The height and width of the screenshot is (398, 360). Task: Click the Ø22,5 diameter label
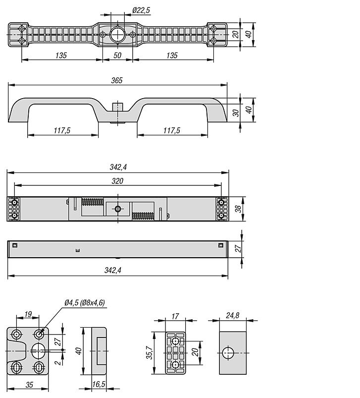pyautogui.click(x=141, y=10)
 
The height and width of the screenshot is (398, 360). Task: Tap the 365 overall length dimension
pyautogui.click(x=117, y=80)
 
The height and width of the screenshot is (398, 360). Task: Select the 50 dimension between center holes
pyautogui.click(x=117, y=56)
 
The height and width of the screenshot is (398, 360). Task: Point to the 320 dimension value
pyautogui.click(x=117, y=181)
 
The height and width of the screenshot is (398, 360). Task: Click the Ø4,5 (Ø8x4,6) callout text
pyautogui.click(x=85, y=302)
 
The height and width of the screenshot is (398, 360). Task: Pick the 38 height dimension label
pyautogui.click(x=238, y=209)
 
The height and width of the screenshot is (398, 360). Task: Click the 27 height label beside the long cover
pyautogui.click(x=238, y=249)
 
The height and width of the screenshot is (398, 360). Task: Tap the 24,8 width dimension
pyautogui.click(x=232, y=316)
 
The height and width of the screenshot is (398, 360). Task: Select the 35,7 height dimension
pyautogui.click(x=150, y=353)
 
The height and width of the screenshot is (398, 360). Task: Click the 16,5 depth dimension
pyautogui.click(x=99, y=384)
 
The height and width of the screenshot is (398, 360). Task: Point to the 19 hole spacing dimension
pyautogui.click(x=28, y=314)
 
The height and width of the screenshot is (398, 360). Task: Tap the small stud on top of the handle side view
pyautogui.click(x=117, y=107)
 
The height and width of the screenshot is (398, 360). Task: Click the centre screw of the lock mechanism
pyautogui.click(x=118, y=209)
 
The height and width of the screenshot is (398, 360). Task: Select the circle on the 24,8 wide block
pyautogui.click(x=228, y=353)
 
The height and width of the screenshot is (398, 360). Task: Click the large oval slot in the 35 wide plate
pyautogui.click(x=38, y=351)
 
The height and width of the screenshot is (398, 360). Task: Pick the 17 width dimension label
pyautogui.click(x=175, y=317)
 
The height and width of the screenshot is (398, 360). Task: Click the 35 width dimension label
pyautogui.click(x=29, y=385)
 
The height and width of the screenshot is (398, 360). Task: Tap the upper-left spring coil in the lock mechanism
pyautogui.click(x=92, y=202)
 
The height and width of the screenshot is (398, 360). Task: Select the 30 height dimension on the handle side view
pyautogui.click(x=236, y=113)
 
